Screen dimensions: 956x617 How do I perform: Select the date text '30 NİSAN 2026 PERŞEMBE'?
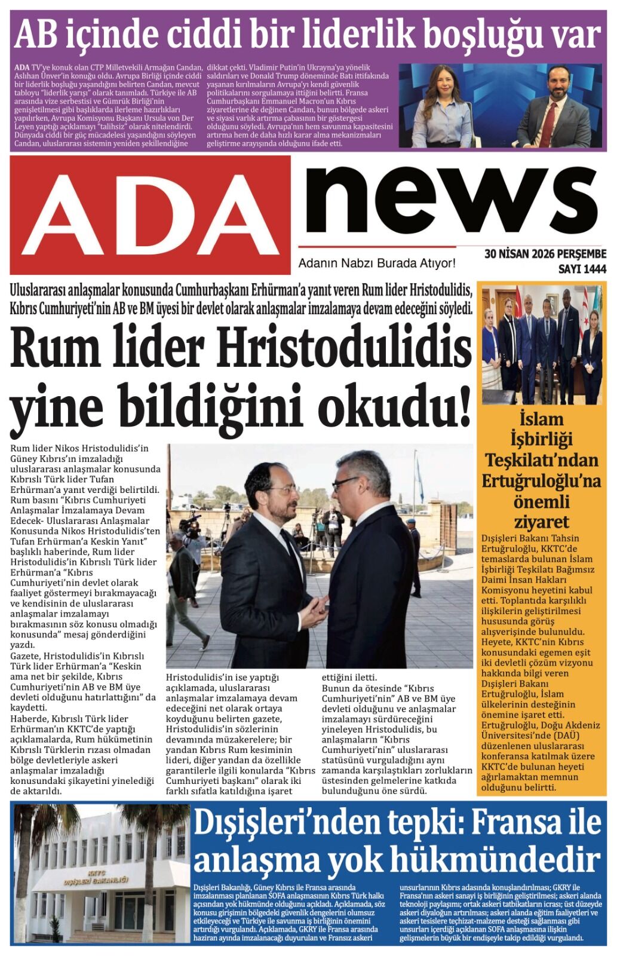(x=545, y=254)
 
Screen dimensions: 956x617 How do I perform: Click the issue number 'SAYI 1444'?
(x=581, y=269)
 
